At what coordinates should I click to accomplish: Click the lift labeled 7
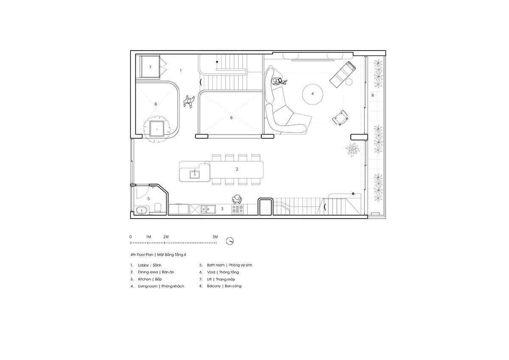point(150,67)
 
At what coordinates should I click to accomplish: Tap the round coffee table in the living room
point(313,94)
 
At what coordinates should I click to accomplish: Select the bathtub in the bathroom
point(142,211)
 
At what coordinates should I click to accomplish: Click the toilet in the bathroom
point(158,208)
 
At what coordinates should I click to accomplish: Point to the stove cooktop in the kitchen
point(238,209)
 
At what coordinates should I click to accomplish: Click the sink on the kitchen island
point(195,174)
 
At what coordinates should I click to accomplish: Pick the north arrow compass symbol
point(230,241)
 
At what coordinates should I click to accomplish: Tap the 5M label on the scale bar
point(215,237)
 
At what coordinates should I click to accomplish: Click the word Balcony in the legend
point(214,286)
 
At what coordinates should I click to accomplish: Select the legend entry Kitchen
point(144,279)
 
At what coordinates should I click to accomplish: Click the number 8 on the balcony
point(372,95)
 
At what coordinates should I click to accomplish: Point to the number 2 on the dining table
point(237,169)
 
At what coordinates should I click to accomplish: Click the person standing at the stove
point(237,199)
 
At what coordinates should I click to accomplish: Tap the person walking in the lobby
point(189,101)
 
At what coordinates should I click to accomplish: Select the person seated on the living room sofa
point(279,82)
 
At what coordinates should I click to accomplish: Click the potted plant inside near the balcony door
point(352,149)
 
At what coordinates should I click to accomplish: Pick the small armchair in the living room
point(340,118)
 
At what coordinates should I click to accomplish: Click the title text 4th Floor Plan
point(142,255)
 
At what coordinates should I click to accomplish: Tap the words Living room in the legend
point(148,286)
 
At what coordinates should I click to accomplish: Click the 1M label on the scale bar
point(148,237)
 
